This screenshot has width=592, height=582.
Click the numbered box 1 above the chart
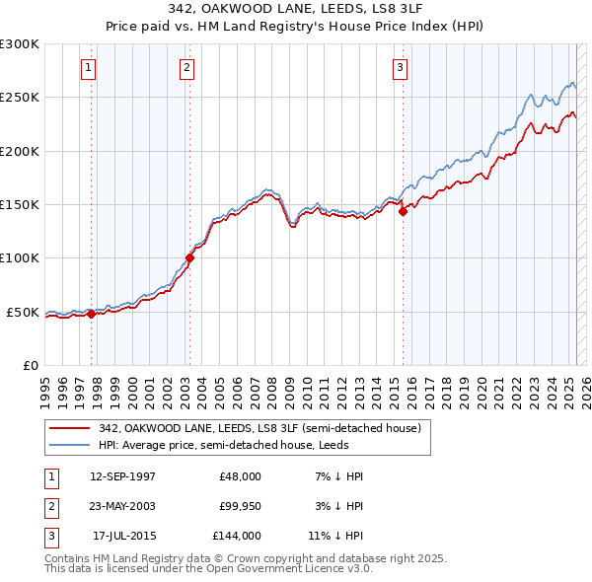click(89, 68)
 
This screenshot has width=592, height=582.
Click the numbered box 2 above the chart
click(186, 68)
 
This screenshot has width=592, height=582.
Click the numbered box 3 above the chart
click(400, 68)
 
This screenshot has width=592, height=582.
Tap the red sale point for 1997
click(91, 315)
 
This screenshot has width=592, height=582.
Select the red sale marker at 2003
click(189, 258)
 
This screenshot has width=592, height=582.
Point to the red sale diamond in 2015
click(403, 211)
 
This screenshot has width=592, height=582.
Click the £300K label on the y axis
click(20, 44)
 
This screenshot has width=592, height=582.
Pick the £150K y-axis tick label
click(20, 204)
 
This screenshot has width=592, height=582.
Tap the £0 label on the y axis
click(30, 365)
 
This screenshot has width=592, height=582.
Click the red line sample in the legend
click(71, 428)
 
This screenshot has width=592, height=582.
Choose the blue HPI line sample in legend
click(71, 445)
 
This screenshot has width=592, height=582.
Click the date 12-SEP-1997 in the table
click(122, 476)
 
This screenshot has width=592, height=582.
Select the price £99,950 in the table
click(240, 506)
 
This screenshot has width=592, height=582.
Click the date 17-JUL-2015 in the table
click(122, 536)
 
